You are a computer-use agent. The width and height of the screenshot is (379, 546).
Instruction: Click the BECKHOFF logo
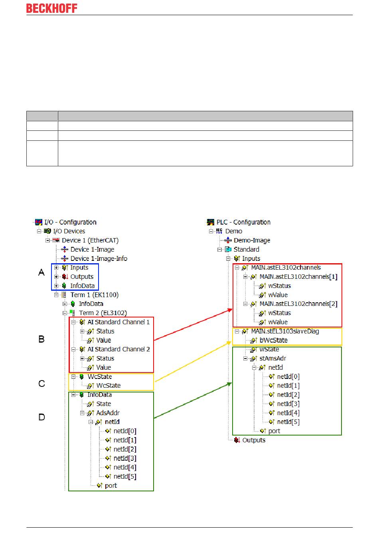[x=52, y=8]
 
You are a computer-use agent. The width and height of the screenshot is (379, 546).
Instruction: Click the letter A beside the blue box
[x=41, y=272]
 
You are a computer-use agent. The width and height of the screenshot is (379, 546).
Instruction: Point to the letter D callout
[x=42, y=417]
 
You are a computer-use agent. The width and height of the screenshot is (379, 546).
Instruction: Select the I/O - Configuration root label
[x=70, y=222]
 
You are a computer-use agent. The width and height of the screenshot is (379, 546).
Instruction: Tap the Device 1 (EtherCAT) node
[x=90, y=240]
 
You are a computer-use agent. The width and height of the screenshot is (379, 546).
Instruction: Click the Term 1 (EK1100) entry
[x=94, y=295]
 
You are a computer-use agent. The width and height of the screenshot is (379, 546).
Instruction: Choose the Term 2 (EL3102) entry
[x=103, y=313]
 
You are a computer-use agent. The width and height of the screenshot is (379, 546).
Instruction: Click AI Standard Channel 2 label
[x=118, y=349]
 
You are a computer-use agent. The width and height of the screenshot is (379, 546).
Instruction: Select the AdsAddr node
[x=108, y=413]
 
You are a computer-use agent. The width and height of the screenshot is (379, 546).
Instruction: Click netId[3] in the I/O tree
[x=124, y=458]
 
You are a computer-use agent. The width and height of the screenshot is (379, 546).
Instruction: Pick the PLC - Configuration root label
[x=243, y=222]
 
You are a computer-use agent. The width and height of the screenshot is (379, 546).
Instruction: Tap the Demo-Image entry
[x=252, y=240]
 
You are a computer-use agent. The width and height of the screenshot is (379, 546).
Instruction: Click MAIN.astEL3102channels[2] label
[x=298, y=304]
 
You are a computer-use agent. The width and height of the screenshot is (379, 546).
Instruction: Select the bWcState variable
[x=273, y=340]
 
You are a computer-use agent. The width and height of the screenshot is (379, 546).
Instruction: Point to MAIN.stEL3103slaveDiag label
[x=285, y=331]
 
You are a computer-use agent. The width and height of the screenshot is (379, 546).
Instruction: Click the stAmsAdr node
[x=272, y=358]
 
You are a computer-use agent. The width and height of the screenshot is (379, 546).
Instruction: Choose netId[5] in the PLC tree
[x=288, y=422]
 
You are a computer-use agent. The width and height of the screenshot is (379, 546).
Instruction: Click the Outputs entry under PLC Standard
[x=254, y=440]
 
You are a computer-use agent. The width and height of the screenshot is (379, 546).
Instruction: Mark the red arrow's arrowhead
[x=230, y=309]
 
